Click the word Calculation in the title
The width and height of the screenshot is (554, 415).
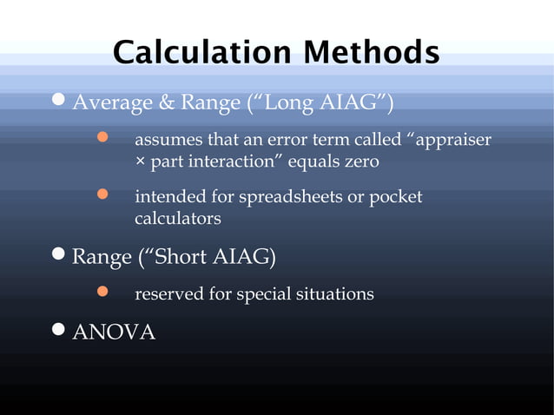click(x=195, y=52)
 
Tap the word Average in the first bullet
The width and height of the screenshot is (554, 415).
click(x=101, y=104)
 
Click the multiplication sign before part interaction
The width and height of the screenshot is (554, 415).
click(x=140, y=162)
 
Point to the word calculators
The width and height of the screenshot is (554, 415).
click(x=177, y=219)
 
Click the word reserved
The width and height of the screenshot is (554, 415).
click(x=168, y=294)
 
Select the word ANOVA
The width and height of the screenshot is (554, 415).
click(x=114, y=332)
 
